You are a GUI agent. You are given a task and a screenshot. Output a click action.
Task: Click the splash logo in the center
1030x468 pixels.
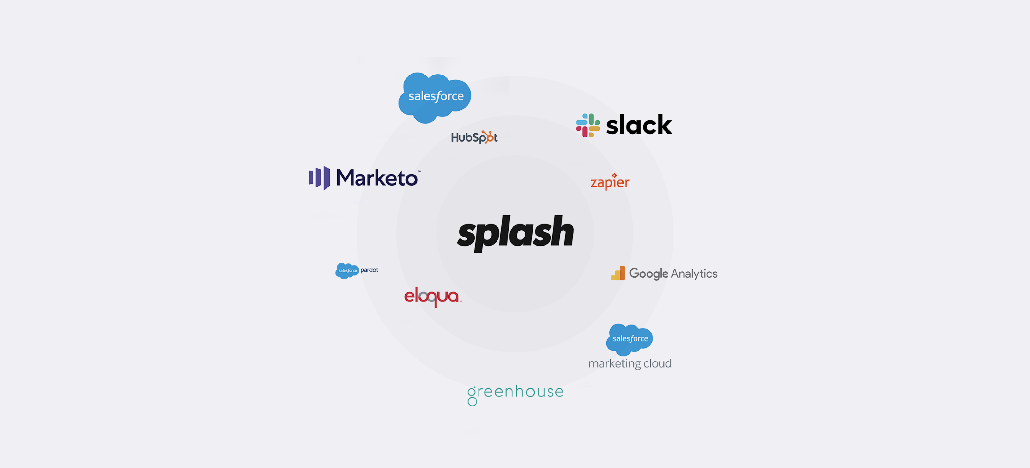pyautogui.click(x=515, y=232)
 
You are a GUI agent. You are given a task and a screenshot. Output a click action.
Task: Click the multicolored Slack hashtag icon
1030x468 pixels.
pyautogui.click(x=588, y=125)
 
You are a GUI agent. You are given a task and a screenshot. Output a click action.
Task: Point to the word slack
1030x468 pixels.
pyautogui.click(x=639, y=125)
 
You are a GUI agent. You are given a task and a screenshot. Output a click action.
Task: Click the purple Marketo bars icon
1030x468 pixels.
pyautogui.click(x=319, y=178)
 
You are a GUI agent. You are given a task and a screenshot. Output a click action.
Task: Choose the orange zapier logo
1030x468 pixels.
pyautogui.click(x=610, y=182)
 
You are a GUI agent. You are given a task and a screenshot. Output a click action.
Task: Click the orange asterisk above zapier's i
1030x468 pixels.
pyautogui.click(x=614, y=175)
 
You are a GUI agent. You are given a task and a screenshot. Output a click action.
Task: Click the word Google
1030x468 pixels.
pyautogui.click(x=648, y=274)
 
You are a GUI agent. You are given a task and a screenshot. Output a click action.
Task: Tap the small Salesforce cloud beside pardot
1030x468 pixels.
pyautogui.click(x=347, y=271)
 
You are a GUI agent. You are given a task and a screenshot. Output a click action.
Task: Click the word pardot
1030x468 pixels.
pyautogui.click(x=369, y=270)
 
